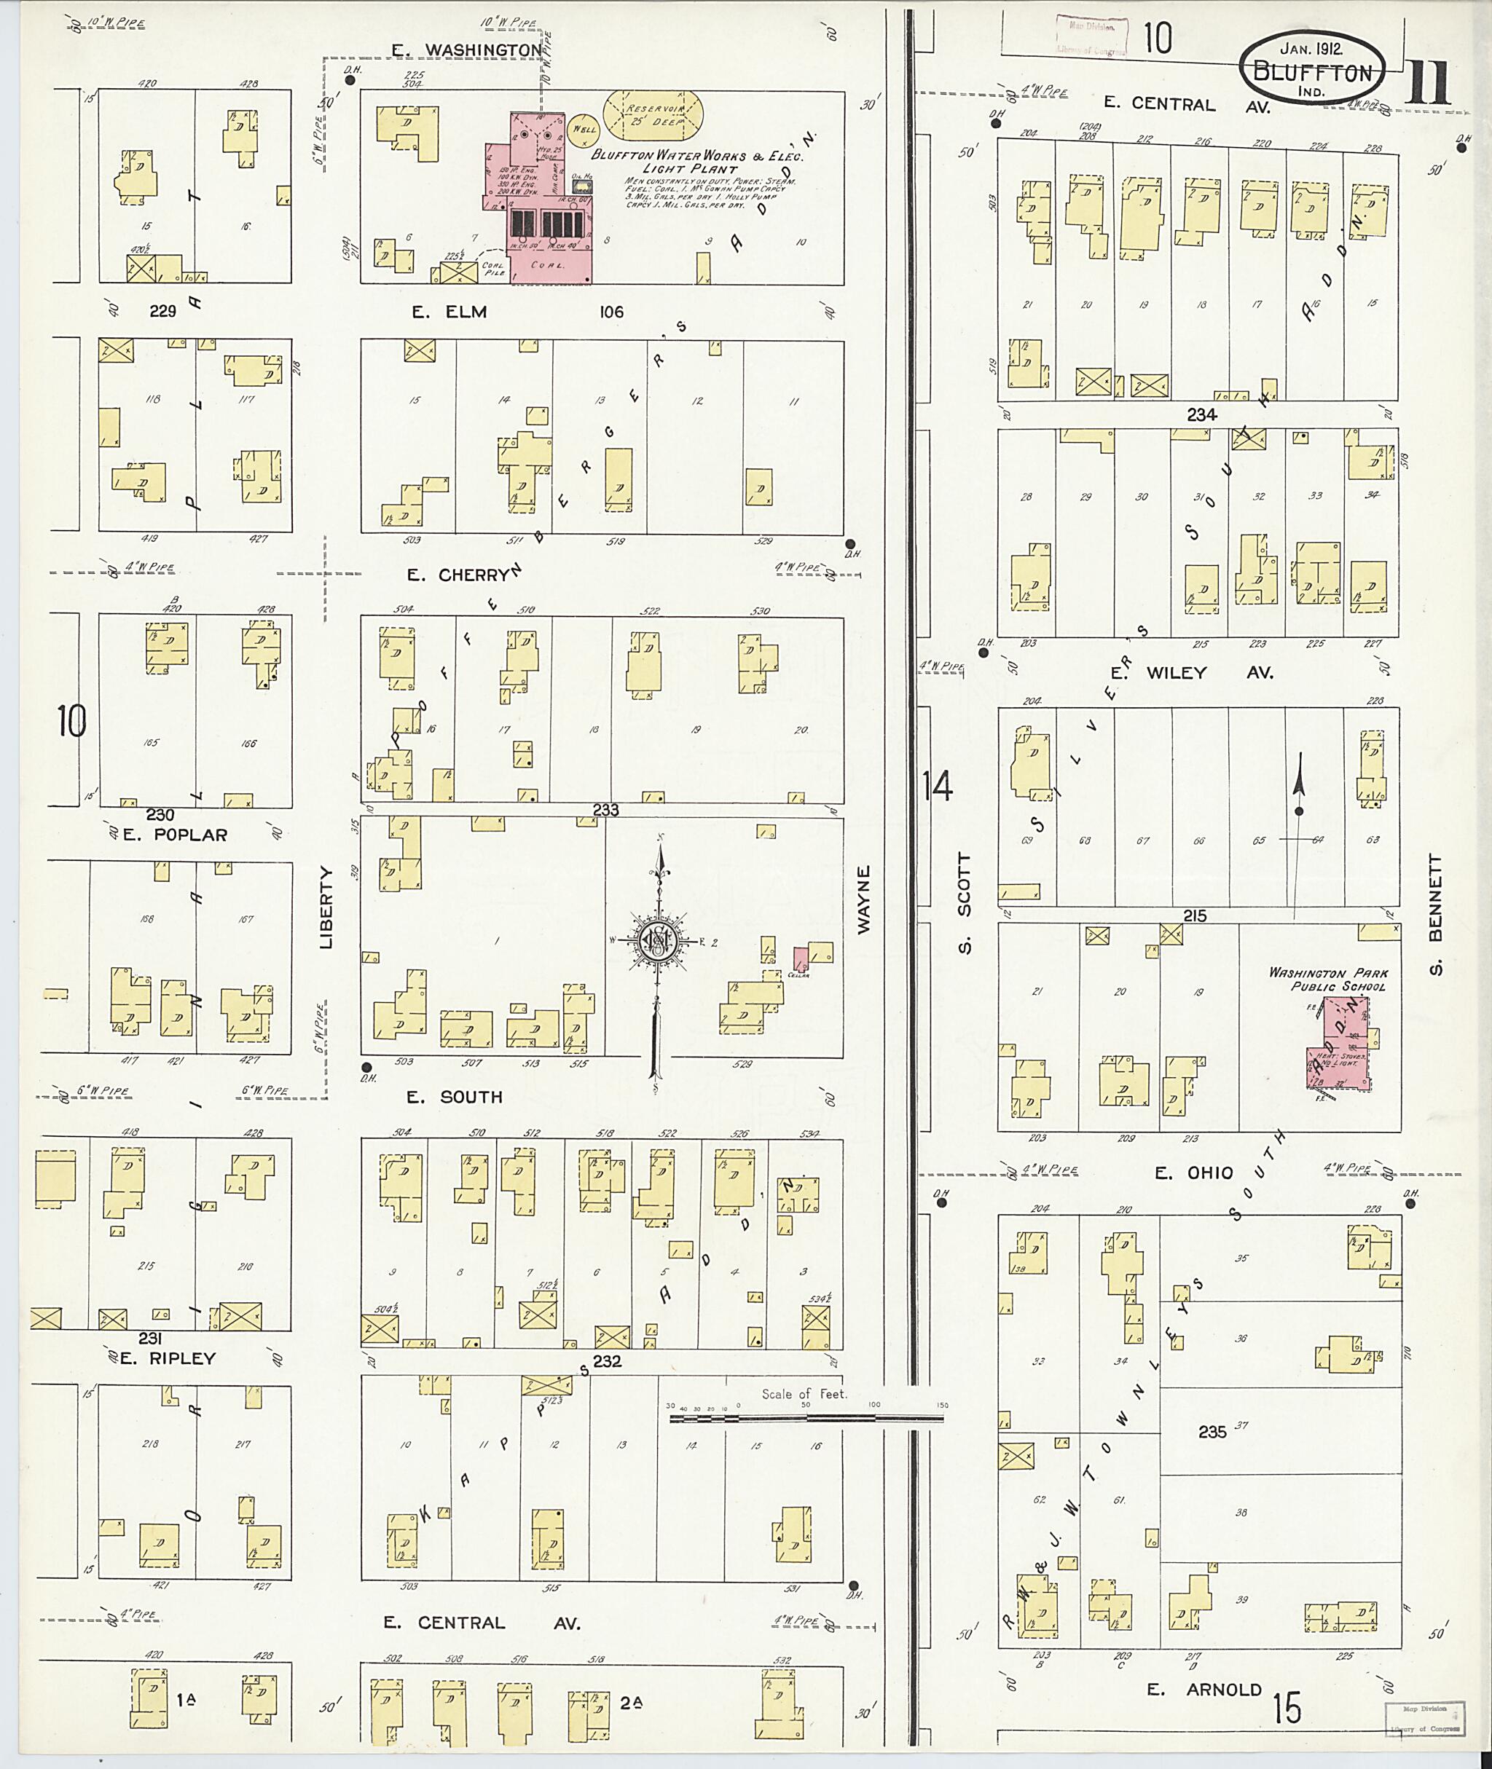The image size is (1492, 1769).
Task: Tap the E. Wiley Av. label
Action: [1192, 672]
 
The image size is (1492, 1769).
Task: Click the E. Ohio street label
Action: [1193, 1173]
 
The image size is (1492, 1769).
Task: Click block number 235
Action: [1212, 1432]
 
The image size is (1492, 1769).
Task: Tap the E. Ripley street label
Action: [167, 1358]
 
